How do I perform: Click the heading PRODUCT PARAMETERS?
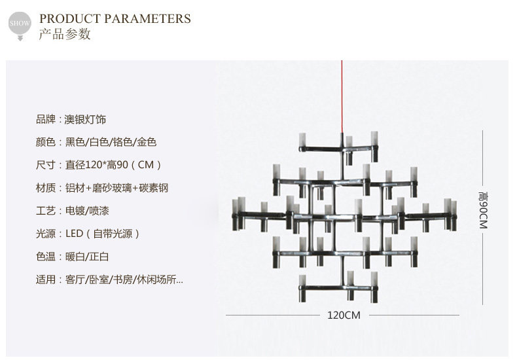click(115, 18)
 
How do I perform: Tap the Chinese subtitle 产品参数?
click(65, 35)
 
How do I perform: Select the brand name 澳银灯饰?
click(86, 120)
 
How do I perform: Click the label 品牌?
click(46, 120)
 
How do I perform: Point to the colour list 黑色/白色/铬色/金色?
click(111, 142)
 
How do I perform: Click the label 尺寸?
click(46, 165)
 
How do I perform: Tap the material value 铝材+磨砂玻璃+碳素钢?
click(117, 188)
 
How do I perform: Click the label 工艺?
click(46, 211)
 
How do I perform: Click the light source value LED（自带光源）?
click(103, 234)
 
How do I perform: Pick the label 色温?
click(46, 257)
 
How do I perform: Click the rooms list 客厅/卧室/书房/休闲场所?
click(124, 279)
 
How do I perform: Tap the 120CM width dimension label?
click(344, 315)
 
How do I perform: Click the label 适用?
click(46, 279)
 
